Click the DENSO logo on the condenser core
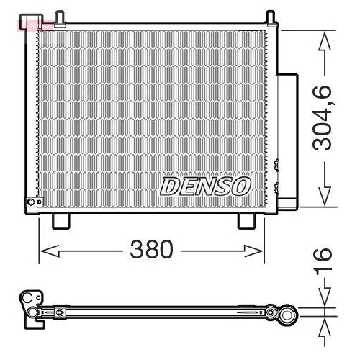point(204,186)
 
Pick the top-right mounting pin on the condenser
point(270,17)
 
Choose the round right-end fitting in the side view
point(286,312)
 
